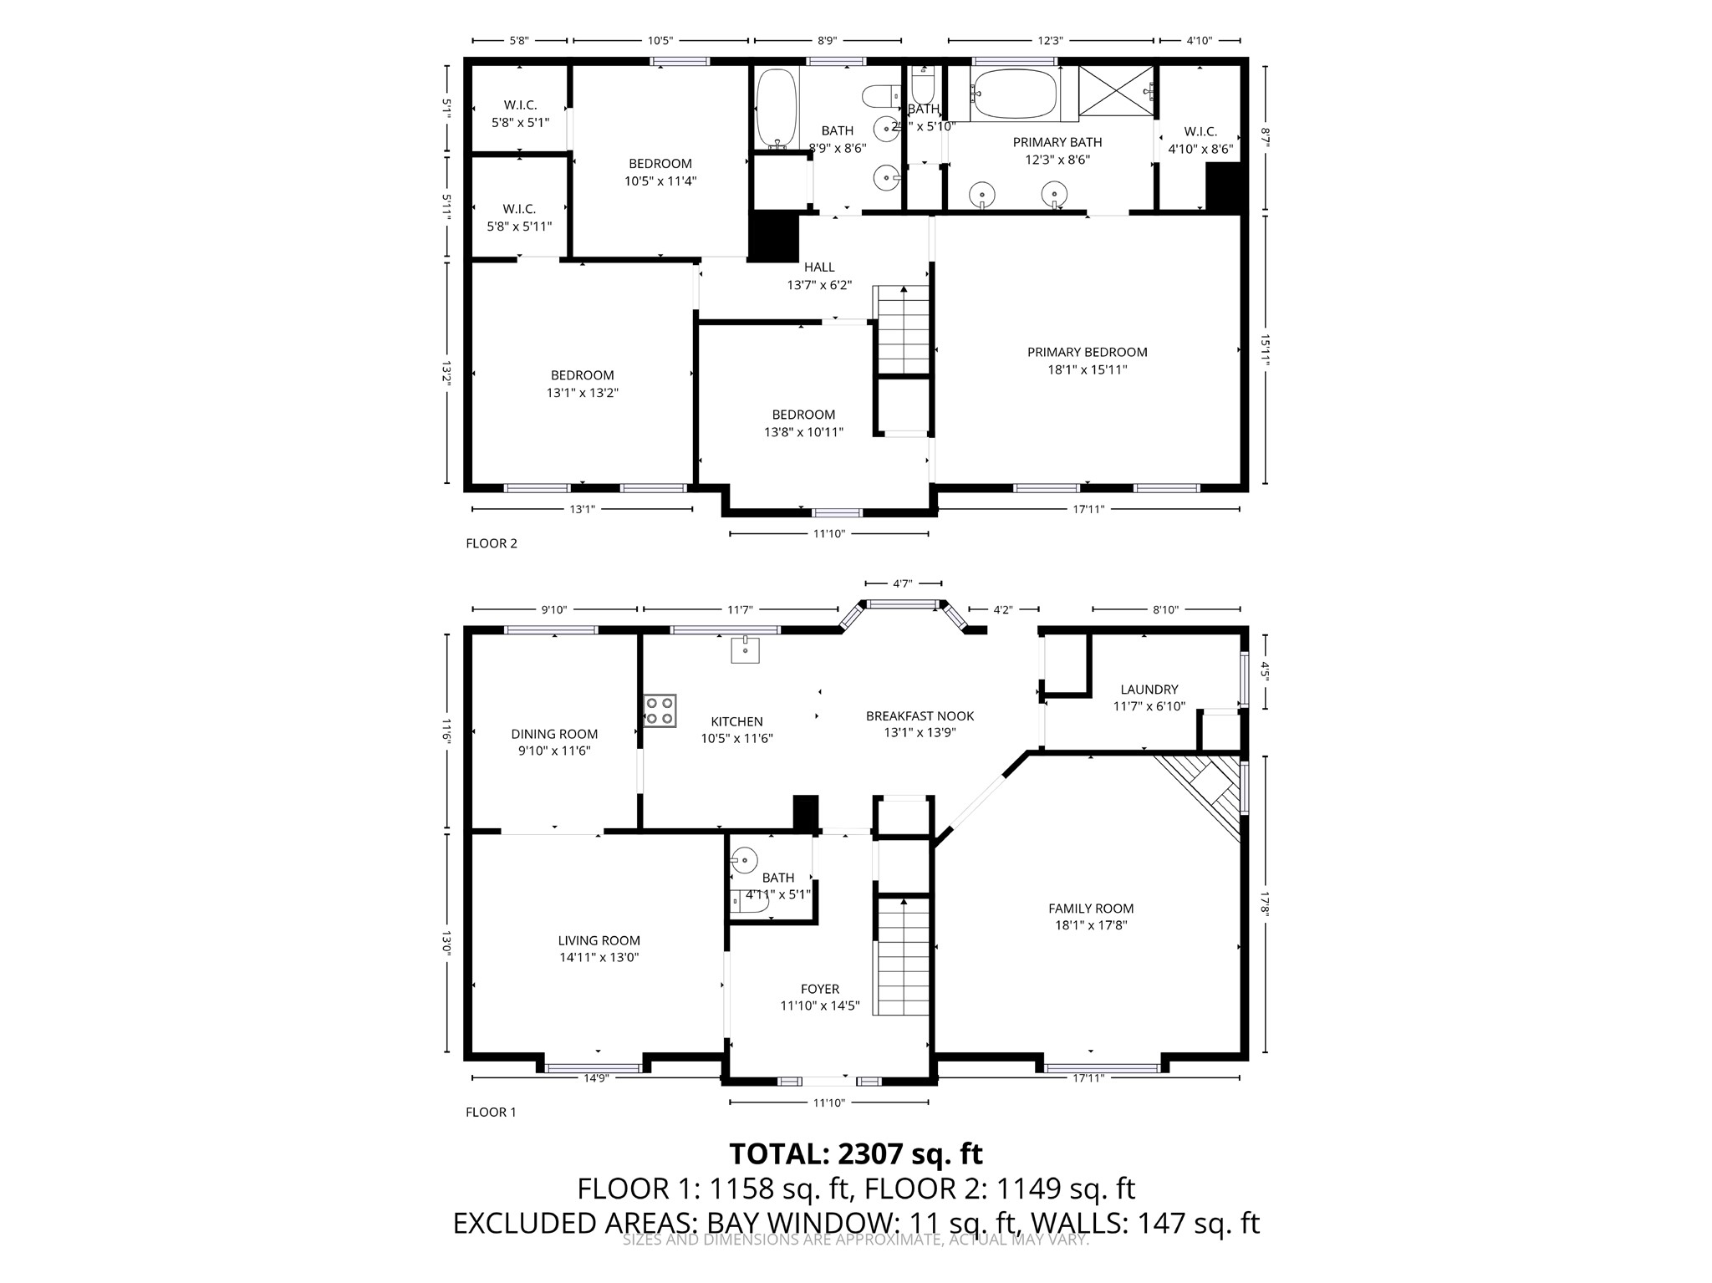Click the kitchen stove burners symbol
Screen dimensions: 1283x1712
[660, 710]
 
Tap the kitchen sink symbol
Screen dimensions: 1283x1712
[745, 649]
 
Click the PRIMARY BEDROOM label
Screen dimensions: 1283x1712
[1087, 352]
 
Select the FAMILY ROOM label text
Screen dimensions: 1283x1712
[1091, 908]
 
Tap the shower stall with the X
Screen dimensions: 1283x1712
[1115, 94]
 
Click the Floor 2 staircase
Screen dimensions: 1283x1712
[902, 330]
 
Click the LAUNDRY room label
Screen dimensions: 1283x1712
[1149, 690]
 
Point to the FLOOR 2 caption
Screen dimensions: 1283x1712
[492, 543]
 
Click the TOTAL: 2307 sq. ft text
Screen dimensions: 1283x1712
[855, 1153]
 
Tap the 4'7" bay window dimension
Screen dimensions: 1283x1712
[902, 584]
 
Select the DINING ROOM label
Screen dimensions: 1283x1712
[554, 734]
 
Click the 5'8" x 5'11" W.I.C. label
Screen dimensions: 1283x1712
[519, 217]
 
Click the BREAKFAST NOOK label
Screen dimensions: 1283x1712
[920, 715]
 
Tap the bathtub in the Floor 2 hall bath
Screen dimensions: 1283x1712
[777, 107]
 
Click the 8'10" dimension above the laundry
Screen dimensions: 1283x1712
[1164, 610]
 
